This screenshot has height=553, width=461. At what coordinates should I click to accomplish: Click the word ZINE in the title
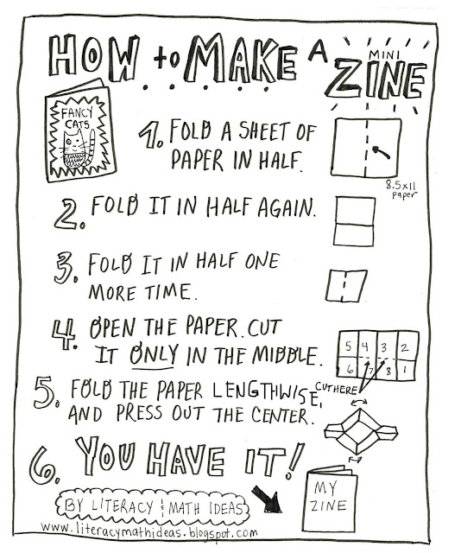point(376,80)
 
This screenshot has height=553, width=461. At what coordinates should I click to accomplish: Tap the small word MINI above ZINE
point(384,54)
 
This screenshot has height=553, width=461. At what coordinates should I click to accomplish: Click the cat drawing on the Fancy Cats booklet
point(77,149)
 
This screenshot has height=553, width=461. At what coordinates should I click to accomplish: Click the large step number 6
point(44,465)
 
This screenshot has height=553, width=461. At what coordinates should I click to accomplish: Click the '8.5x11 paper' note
point(401,188)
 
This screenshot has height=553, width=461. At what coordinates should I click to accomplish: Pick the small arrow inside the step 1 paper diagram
point(381,153)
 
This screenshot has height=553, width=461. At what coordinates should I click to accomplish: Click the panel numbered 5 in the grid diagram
point(348,345)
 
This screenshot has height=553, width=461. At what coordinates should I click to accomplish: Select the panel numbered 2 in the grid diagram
point(407,346)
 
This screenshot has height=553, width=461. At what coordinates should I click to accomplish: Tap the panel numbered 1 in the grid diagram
point(407,370)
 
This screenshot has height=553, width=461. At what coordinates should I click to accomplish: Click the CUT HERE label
point(337,389)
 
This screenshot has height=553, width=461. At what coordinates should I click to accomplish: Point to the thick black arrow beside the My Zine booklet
point(267,499)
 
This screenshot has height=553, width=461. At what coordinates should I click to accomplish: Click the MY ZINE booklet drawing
point(330,499)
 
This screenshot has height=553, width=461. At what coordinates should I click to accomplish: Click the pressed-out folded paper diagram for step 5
point(360,431)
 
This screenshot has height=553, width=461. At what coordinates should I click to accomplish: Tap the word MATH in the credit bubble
point(184,508)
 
